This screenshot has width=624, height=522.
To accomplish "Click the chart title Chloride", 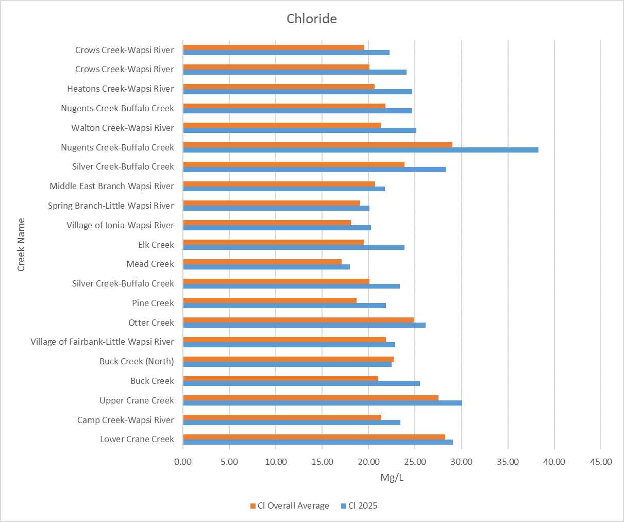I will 312,19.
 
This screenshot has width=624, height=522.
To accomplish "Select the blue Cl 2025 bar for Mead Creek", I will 266,267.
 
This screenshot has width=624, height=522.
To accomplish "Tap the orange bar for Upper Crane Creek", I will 311,398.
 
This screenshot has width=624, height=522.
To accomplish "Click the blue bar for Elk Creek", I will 294,247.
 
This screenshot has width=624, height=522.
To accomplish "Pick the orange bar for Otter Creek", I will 298,320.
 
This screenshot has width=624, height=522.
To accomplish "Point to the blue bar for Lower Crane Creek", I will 318,442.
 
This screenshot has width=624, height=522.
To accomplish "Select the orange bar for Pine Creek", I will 269,300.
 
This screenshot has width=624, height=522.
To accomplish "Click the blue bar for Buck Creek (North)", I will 287,364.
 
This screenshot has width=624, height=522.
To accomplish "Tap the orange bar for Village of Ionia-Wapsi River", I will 267,223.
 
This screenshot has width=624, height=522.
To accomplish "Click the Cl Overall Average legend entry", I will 290,506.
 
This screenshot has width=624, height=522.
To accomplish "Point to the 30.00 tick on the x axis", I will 461,462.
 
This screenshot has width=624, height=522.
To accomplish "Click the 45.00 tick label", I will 600,462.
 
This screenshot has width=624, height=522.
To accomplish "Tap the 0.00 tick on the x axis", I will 183,462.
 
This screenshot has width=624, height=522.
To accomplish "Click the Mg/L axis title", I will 392,478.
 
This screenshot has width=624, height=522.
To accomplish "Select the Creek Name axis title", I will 21,245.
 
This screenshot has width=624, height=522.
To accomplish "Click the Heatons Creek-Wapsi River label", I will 121,89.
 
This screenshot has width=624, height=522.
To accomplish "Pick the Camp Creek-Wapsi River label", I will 126,420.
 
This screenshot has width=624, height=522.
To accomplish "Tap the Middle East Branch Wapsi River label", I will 112,186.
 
